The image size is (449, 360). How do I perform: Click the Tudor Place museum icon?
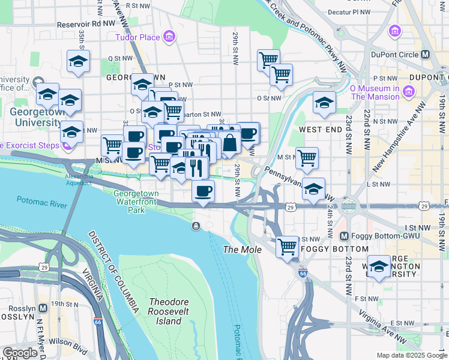click(x=169, y=37)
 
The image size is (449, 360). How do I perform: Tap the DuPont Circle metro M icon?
click(x=426, y=54)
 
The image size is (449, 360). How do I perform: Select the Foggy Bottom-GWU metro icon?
click(x=345, y=236)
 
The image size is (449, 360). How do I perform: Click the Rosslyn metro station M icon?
click(x=43, y=308)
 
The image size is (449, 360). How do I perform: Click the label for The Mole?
click(x=242, y=249)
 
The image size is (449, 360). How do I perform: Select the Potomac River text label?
click(x=41, y=204)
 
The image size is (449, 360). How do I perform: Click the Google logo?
click(x=20, y=353)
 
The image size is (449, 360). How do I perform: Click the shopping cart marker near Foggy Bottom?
click(x=288, y=246)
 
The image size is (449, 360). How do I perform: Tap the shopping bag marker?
click(x=229, y=143)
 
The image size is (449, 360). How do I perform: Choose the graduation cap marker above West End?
click(x=324, y=102)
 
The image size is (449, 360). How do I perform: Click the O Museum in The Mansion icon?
click(x=409, y=91)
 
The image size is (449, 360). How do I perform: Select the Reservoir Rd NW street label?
click(x=86, y=25)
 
